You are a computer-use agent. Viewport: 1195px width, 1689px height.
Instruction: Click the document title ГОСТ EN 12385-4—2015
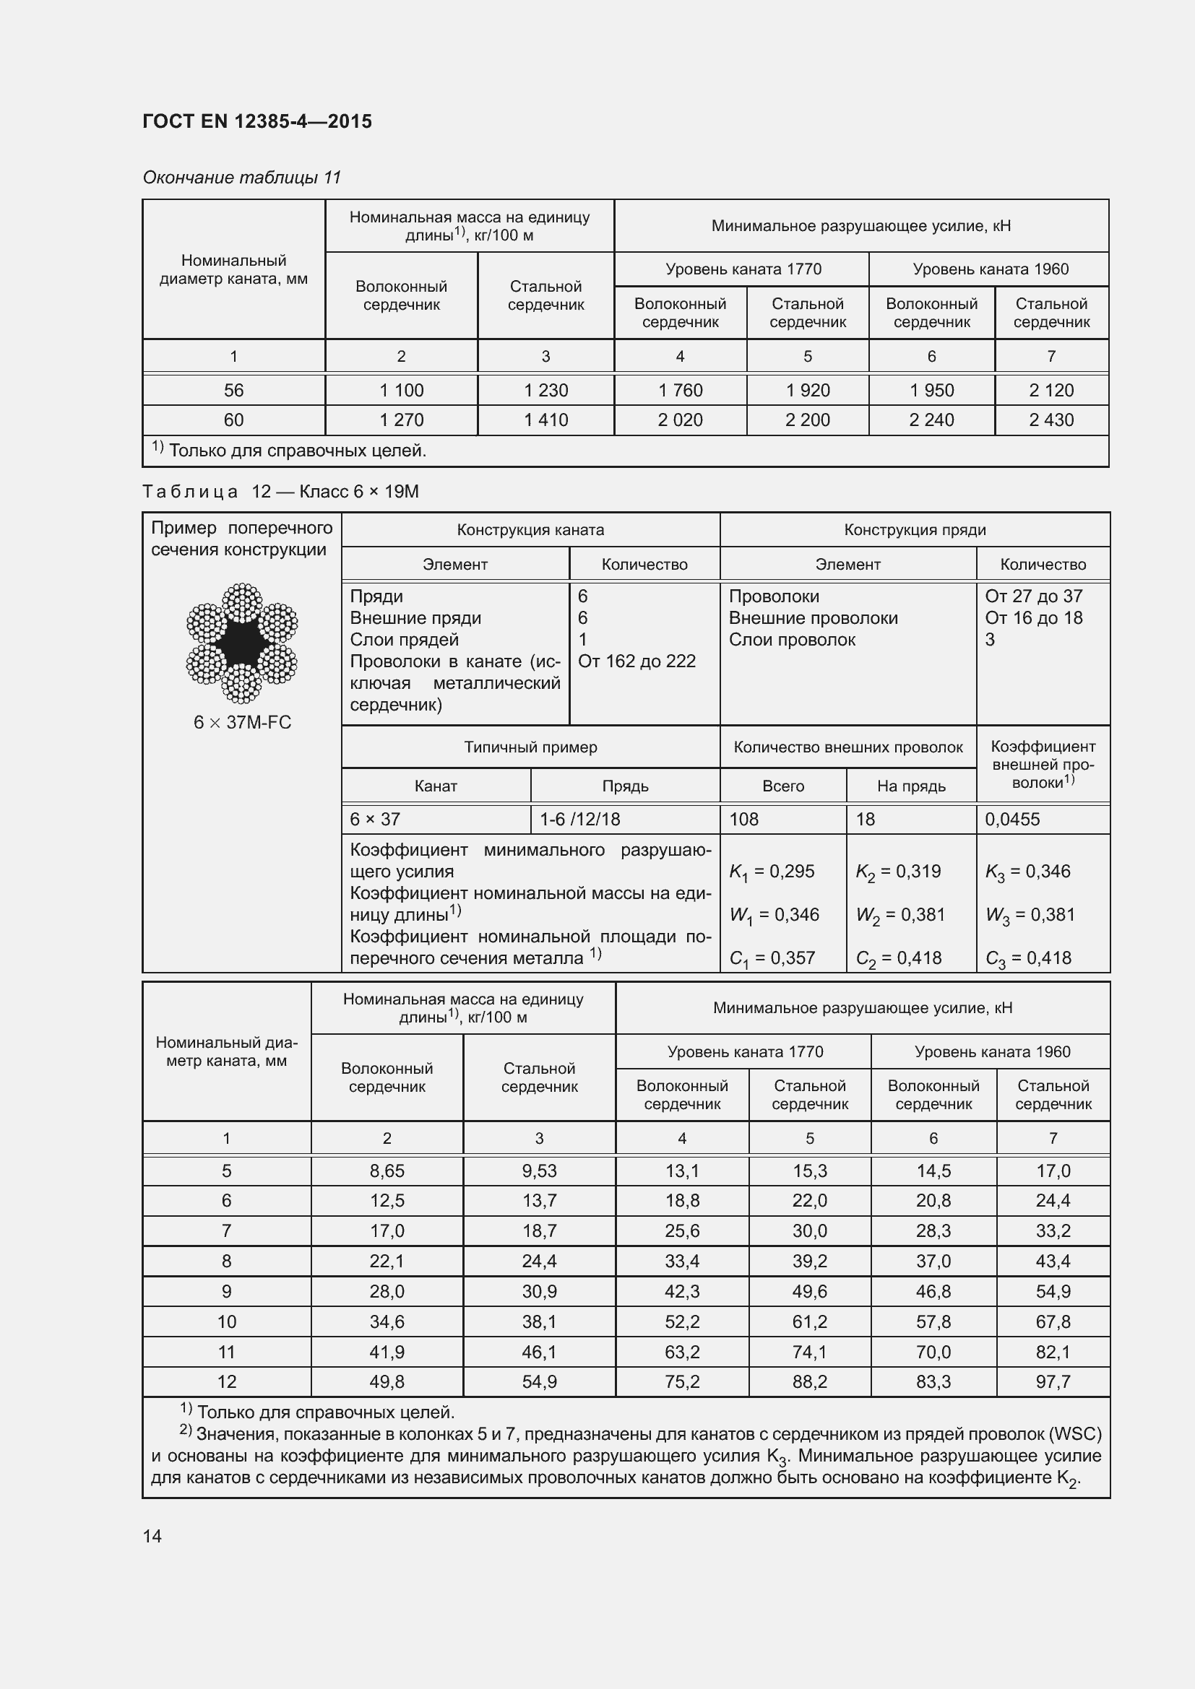256,121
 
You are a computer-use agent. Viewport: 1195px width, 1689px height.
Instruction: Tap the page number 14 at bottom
152,1536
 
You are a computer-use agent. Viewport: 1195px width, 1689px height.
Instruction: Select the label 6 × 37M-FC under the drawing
242,722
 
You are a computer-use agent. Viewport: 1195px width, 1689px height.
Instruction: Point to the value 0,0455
1011,820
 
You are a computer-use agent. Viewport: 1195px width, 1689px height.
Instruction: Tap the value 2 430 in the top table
1051,420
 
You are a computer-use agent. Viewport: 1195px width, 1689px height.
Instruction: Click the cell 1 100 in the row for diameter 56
401,391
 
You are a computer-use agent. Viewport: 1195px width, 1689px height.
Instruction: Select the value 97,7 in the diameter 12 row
1052,1381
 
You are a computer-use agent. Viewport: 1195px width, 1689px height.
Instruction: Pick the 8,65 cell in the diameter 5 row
387,1171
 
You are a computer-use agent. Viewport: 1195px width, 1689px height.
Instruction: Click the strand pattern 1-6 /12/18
580,820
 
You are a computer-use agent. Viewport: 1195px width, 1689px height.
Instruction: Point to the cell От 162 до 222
637,661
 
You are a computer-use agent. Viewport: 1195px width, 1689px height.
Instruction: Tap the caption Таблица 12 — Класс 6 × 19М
280,492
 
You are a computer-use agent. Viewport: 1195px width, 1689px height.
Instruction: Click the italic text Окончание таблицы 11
242,178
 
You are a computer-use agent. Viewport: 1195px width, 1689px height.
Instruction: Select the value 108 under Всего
744,820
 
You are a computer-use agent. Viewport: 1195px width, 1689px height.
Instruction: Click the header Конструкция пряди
914,529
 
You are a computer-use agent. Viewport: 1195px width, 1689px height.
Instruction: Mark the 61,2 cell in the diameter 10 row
809,1321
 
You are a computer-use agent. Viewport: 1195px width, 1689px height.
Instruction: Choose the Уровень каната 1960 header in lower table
991,1052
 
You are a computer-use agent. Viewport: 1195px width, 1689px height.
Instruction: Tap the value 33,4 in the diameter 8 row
681,1261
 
